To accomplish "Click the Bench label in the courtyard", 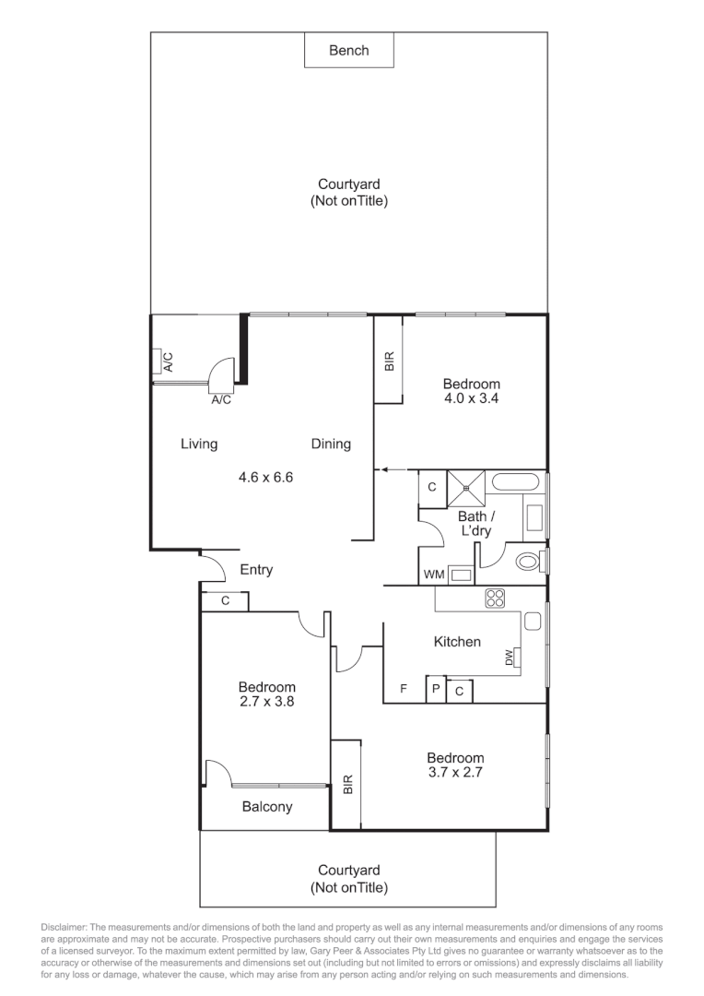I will pos(349,51).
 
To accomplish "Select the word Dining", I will pos(331,444).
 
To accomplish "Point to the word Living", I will pos(199,444).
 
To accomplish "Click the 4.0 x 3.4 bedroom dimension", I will pos(471,399).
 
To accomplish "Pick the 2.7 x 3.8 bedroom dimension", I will pos(267,702).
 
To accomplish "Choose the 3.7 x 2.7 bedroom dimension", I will pos(455,773).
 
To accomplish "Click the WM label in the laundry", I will pos(433,575).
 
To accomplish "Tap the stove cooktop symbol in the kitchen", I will pos(495,598).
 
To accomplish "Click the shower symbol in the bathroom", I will pos(465,484).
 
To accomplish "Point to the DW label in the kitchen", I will pos(509,657).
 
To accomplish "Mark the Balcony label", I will pos(267,807).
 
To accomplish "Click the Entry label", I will pos(256,570).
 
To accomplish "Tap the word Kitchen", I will pos(457,641).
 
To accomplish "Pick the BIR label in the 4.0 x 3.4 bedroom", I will pos(388,361).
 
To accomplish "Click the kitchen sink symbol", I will pos(532,622).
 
